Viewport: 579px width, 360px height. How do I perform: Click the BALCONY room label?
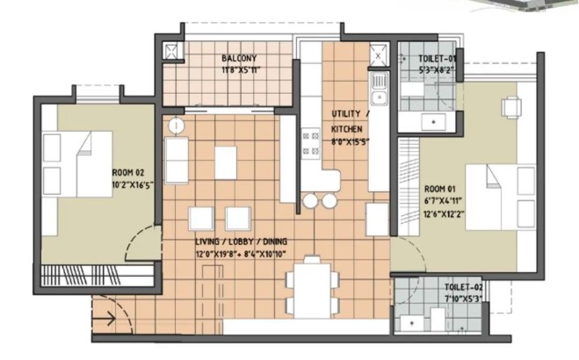tap(239, 58)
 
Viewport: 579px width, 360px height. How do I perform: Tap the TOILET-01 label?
tap(438, 59)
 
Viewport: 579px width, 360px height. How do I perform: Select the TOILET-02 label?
tap(464, 287)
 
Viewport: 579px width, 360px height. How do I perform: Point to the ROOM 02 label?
tap(128, 173)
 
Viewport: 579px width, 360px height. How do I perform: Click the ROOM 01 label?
tap(440, 190)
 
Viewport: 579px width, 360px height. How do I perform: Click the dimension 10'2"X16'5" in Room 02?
tap(133, 184)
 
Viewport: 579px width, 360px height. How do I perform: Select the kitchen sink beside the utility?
tap(380, 89)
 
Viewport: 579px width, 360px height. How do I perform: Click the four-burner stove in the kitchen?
tap(310, 143)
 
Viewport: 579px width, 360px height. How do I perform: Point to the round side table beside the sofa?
tap(177, 126)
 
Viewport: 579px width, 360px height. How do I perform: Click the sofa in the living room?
tap(177, 160)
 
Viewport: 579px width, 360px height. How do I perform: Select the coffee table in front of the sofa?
tap(226, 162)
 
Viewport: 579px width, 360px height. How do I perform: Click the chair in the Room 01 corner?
tap(511, 107)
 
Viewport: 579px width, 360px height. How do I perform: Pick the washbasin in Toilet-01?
tap(433, 122)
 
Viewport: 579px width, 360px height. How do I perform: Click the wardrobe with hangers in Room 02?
tap(97, 276)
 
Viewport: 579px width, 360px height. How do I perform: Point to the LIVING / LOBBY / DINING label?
tap(241, 242)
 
